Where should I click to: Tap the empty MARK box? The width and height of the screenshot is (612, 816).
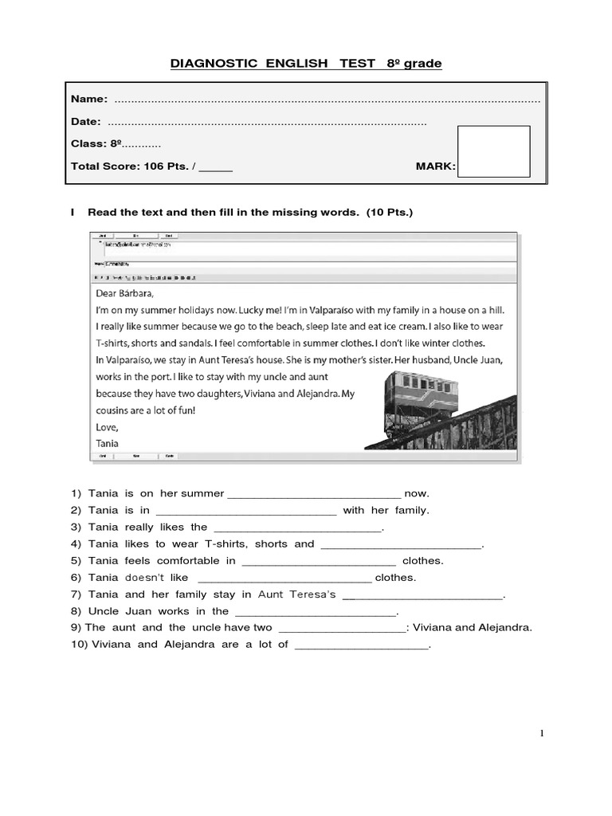coord(494,151)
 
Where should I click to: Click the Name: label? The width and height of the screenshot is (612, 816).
coord(89,99)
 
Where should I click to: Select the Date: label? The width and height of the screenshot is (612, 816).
coord(86,121)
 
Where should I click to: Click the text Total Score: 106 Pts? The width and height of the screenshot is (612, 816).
coord(130,167)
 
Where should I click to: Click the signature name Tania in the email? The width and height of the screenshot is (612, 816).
coord(107,443)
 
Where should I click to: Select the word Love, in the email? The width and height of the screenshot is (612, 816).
coord(108,427)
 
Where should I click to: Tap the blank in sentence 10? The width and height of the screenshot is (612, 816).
coord(362,646)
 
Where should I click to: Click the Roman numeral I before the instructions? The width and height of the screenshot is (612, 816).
coord(73,213)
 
